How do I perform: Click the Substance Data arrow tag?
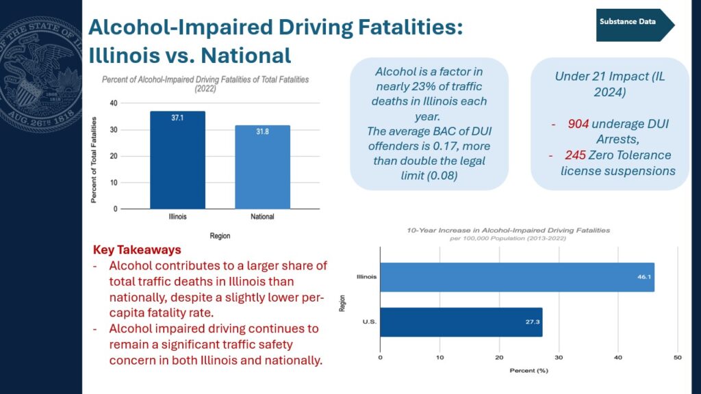point(635,25)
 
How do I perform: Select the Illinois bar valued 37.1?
point(177,160)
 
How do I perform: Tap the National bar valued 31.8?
point(262,167)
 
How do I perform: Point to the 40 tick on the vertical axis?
point(114,103)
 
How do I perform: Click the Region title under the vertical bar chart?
point(220,236)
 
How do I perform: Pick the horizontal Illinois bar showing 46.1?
point(518,277)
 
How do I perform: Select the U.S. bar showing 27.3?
point(461,322)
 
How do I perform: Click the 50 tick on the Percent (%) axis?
point(677,357)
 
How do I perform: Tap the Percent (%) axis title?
point(529,370)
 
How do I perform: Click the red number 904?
point(578,124)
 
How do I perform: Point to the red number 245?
point(575,155)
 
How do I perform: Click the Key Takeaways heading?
point(137,250)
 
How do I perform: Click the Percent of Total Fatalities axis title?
point(93,160)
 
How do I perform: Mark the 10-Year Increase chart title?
point(509,231)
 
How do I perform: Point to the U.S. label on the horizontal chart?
point(369,321)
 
